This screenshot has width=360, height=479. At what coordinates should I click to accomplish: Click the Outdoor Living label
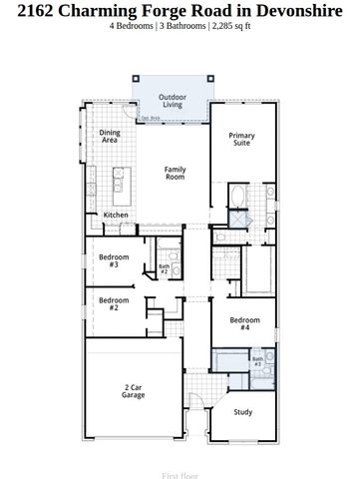coord(173,101)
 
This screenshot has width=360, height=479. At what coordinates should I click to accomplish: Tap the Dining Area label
coord(110,137)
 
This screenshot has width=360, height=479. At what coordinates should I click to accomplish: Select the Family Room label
coord(176,173)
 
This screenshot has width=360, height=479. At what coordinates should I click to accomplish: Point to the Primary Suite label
coord(241,140)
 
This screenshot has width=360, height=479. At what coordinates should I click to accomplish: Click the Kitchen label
coord(117,216)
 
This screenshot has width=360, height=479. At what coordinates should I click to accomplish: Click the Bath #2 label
coord(165,268)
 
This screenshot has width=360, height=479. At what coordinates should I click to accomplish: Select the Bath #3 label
coord(257,361)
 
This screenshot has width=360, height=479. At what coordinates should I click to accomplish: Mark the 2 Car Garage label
coord(134,391)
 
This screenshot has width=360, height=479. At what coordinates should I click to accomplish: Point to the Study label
coord(243,411)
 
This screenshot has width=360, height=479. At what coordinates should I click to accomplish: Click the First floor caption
coord(180,464)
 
